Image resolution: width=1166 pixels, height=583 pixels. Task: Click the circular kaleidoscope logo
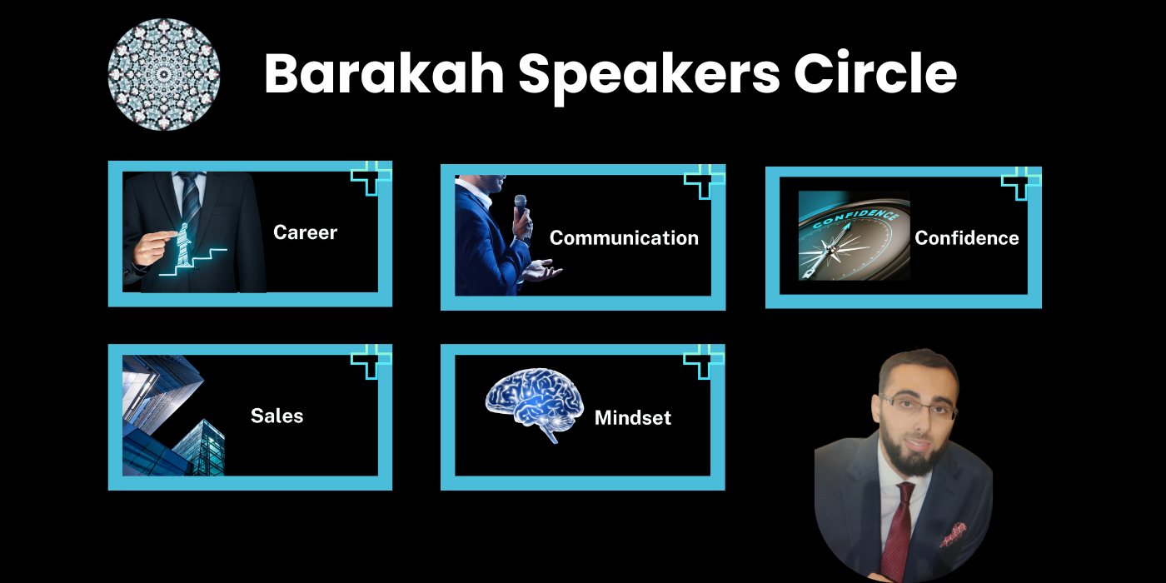click(163, 74)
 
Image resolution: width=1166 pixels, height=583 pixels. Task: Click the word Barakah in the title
click(384, 73)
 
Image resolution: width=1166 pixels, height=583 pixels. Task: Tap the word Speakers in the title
click(649, 77)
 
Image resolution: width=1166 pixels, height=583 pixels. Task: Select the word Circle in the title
click(875, 73)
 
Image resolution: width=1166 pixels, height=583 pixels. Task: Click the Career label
click(305, 232)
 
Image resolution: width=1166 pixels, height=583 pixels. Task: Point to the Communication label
click(624, 238)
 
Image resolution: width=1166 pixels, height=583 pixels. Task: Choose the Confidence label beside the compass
click(967, 238)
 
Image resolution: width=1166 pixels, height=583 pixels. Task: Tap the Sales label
click(277, 416)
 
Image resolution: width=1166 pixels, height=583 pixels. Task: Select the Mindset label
click(632, 417)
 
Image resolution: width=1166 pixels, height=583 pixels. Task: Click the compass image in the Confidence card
click(855, 235)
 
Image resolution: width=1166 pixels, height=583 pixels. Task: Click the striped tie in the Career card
click(190, 203)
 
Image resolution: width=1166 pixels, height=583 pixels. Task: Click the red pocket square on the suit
click(954, 535)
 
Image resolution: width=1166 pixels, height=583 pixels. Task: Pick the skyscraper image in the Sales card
click(173, 416)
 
